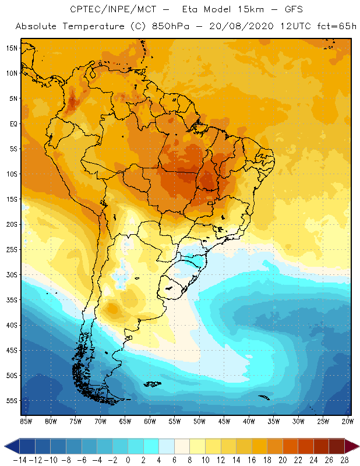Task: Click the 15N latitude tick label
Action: [x=11, y=48]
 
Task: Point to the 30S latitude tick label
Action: [x=11, y=274]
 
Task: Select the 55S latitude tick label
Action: [x=11, y=401]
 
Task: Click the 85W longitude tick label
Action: [x=26, y=421]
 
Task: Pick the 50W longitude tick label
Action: [x=199, y=421]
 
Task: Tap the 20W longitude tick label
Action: [x=348, y=421]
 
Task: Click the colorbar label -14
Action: [x=20, y=460]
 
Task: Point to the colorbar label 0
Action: [x=128, y=460]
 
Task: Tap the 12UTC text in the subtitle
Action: [x=294, y=27]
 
